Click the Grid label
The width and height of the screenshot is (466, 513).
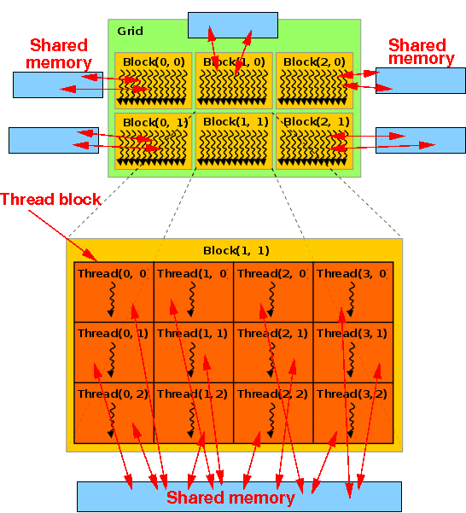pyautogui.click(x=131, y=31)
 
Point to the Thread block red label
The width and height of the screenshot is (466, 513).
pyautogui.click(x=50, y=200)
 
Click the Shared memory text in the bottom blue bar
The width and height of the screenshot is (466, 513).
pyautogui.click(x=230, y=498)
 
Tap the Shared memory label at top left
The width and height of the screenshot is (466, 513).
pyautogui.click(x=60, y=54)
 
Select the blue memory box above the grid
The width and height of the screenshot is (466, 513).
pyautogui.click(x=232, y=25)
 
